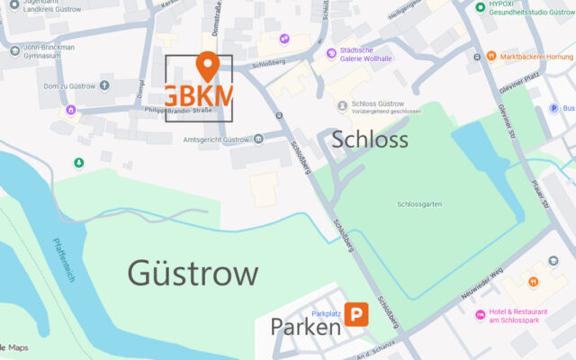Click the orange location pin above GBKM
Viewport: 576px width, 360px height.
coord(207,66)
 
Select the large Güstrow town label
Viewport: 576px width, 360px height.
coord(193,273)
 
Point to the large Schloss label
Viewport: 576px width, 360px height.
coord(370,139)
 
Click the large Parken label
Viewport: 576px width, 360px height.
coord(305,327)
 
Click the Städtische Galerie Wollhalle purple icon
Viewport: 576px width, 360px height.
coord(322,50)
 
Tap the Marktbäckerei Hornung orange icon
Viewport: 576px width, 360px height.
coord(491,56)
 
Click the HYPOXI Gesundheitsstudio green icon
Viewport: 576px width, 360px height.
coord(481,7)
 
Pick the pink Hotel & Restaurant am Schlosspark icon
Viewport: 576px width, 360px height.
coord(481,315)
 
